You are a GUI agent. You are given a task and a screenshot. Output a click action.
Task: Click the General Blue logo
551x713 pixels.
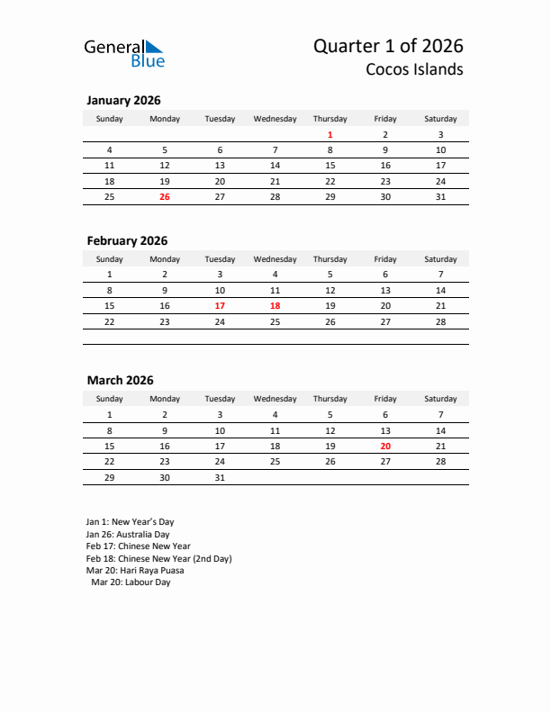click(124, 53)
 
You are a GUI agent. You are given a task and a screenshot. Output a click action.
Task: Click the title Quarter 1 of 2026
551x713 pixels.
click(389, 46)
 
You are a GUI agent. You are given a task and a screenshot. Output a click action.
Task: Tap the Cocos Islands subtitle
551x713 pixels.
click(415, 69)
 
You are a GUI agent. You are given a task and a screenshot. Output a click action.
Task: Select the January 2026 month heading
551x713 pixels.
click(123, 101)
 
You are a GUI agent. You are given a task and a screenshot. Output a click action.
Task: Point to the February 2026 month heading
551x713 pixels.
click(127, 240)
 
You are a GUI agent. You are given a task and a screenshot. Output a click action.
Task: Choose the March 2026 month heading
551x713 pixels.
click(120, 380)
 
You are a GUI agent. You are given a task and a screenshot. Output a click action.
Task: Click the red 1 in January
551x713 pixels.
click(330, 135)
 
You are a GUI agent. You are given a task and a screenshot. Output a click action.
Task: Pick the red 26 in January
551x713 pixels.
click(164, 196)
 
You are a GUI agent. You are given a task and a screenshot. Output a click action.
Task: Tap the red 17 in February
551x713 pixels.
click(220, 305)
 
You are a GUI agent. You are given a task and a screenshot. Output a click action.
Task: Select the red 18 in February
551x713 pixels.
click(275, 305)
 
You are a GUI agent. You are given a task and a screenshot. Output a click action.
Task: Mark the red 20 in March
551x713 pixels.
click(385, 446)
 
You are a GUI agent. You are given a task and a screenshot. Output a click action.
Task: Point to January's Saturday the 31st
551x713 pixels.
click(440, 196)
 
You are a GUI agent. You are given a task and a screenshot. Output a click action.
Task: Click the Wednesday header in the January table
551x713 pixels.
click(275, 119)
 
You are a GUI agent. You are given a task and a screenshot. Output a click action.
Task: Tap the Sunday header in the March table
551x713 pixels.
click(110, 399)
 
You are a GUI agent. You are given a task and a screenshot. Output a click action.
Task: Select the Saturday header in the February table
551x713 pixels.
click(440, 259)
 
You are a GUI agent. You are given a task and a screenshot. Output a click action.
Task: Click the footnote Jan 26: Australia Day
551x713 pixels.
click(127, 534)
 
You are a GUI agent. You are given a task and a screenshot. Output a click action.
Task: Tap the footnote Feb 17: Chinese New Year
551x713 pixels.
click(138, 546)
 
